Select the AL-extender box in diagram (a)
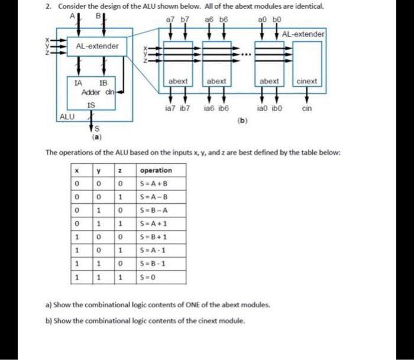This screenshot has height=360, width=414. click(97, 46)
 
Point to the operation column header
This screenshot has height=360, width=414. click(156, 170)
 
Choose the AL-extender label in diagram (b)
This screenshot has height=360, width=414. click(303, 34)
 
